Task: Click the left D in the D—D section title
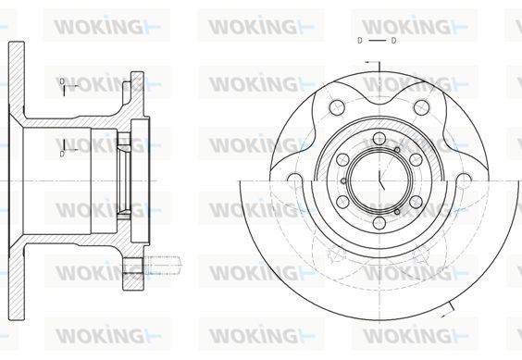point(359,41)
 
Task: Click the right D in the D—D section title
point(393,41)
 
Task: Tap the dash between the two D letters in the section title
point(377,41)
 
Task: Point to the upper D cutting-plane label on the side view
point(62,81)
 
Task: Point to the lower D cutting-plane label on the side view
point(62,154)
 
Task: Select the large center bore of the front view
point(379,181)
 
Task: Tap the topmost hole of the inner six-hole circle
point(379,139)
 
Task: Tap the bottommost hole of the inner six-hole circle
point(379,223)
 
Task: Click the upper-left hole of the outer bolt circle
point(336,107)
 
